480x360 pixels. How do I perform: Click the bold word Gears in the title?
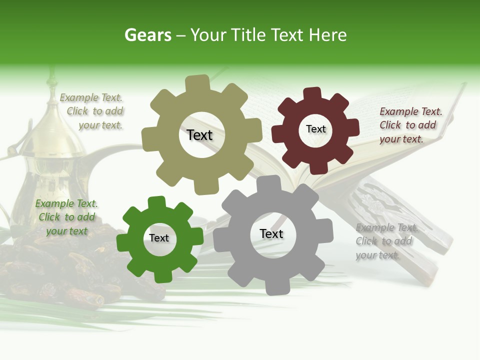[x=147, y=35]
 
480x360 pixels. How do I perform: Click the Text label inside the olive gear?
[x=199, y=135]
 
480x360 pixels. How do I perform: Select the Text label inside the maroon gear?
[x=315, y=129]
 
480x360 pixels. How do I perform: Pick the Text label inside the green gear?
[x=159, y=238]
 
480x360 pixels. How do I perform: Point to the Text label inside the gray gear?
[x=271, y=233]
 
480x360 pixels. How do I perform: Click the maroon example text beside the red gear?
[x=410, y=125]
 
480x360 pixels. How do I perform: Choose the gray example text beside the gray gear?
[x=386, y=241]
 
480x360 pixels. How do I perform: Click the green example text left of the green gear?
[x=66, y=217]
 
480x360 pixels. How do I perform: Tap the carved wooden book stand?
[x=395, y=220]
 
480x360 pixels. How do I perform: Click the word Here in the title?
[x=328, y=35]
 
